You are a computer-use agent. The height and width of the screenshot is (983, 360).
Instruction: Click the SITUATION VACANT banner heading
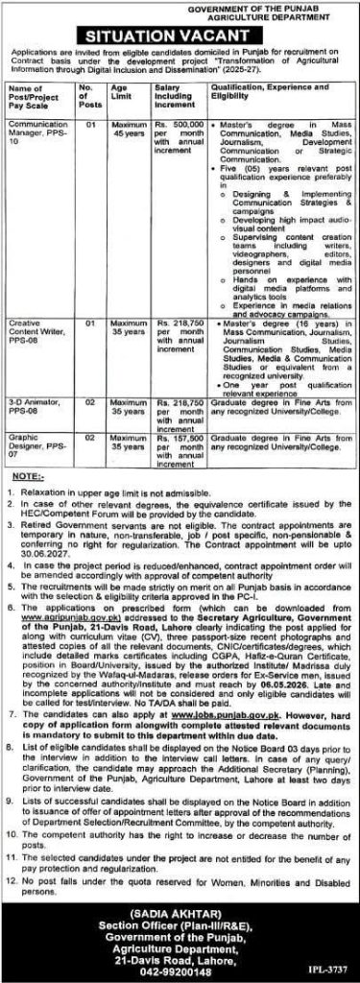pos(180,33)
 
